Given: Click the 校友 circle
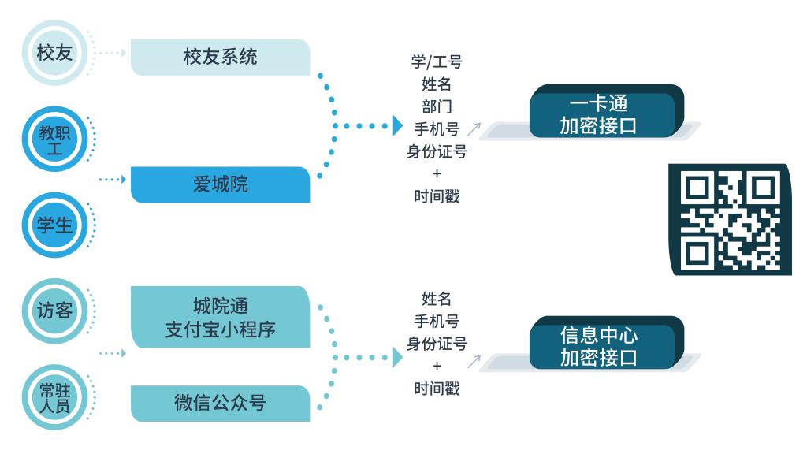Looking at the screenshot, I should click(x=54, y=53).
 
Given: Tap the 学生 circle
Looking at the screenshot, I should click(x=54, y=225).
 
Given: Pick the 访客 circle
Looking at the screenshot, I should click(x=54, y=311).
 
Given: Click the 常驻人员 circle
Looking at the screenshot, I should click(x=54, y=396).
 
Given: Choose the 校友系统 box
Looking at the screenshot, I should click(x=220, y=58).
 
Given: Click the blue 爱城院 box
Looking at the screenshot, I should click(x=220, y=184).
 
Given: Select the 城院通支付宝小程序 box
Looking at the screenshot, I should click(x=220, y=317).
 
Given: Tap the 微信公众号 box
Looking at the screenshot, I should click(x=220, y=403).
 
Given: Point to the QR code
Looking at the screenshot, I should click(x=730, y=219).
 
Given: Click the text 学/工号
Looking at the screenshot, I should click(x=436, y=62).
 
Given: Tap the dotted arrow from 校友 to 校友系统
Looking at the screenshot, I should click(x=111, y=53).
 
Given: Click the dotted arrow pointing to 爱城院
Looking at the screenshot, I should click(x=113, y=180).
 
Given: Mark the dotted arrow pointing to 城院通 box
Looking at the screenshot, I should click(x=113, y=353).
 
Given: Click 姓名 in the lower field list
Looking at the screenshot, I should click(x=436, y=299).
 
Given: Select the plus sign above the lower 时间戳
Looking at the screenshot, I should click(x=436, y=366).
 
